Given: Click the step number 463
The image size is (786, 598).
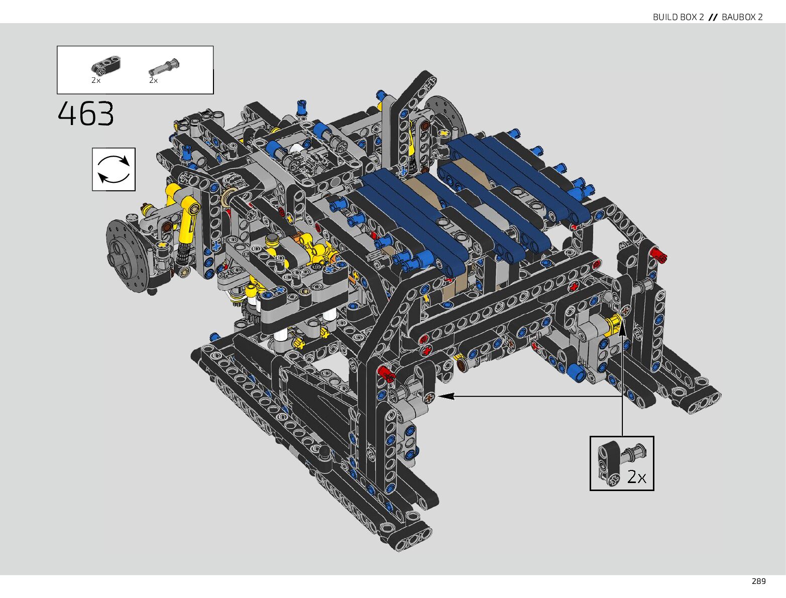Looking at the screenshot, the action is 85,113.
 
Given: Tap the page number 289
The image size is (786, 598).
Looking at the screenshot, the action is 758,581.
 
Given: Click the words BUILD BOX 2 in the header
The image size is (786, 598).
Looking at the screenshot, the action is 678,17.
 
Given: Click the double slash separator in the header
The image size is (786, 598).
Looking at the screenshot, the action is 713,17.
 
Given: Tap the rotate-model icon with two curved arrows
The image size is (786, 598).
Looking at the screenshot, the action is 114,169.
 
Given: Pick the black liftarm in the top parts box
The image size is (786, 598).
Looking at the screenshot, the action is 105,66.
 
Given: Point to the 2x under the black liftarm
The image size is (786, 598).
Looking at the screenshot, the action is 96,80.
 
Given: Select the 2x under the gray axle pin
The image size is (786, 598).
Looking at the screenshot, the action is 154,80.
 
